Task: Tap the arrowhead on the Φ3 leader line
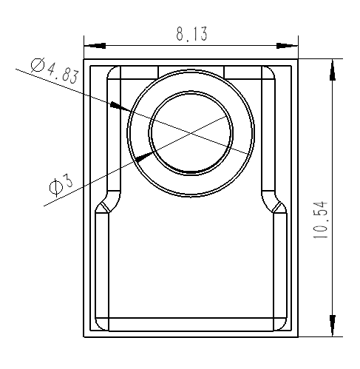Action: pyautogui.click(x=143, y=157)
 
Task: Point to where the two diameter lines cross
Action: pyautogui.click(x=191, y=133)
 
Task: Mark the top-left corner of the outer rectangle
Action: pyautogui.click(x=84, y=59)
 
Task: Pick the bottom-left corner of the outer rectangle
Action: pyautogui.click(x=84, y=337)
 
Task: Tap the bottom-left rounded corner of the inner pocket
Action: pyautogui.click(x=102, y=323)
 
